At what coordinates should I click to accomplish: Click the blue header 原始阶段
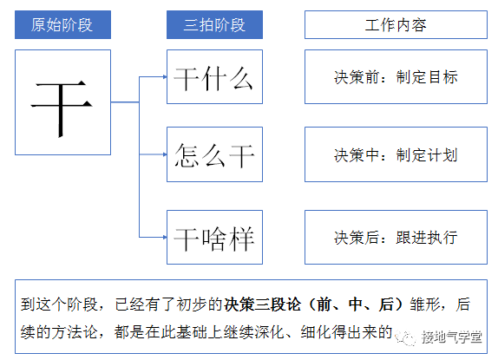(x=62, y=24)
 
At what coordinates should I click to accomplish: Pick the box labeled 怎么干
(x=214, y=156)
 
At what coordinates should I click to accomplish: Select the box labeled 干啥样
(x=214, y=236)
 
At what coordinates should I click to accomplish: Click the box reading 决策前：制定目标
(x=395, y=78)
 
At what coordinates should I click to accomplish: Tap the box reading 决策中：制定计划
(x=395, y=156)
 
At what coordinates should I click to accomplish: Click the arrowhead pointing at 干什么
(x=163, y=77)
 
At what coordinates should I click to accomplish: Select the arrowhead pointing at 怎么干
(x=163, y=156)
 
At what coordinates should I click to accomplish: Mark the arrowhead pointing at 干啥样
(x=163, y=236)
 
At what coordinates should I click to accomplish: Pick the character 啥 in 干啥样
(x=214, y=236)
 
